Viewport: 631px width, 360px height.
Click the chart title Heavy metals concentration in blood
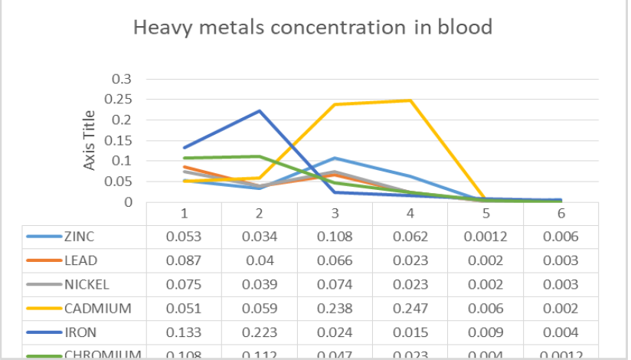click(312, 28)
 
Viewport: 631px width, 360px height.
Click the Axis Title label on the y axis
click(90, 140)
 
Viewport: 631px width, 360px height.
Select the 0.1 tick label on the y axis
click(122, 162)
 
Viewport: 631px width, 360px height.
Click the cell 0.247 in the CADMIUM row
click(410, 309)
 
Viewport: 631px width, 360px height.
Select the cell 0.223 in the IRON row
click(260, 332)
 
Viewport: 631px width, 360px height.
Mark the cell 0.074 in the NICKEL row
click(335, 285)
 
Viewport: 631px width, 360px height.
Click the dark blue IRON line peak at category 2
click(260, 111)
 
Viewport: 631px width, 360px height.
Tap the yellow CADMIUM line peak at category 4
click(410, 100)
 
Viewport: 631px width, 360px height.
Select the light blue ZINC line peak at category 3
click(335, 159)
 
